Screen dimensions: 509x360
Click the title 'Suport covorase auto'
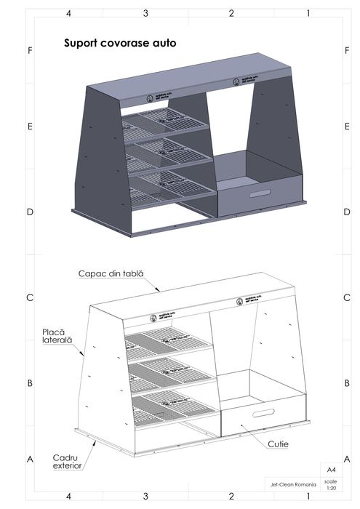click(120, 44)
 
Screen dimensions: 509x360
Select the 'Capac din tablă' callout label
click(111, 273)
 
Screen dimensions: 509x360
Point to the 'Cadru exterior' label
click(67, 461)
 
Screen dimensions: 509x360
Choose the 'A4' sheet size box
click(331, 470)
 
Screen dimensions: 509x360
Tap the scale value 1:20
click(331, 488)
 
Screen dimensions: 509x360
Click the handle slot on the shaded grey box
click(258, 194)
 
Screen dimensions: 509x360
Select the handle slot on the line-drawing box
click(257, 414)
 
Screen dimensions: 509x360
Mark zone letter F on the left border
click(30, 51)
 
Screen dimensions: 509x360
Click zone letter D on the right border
click(344, 212)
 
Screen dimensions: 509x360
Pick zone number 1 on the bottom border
click(308, 497)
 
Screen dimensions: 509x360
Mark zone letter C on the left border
click(30, 298)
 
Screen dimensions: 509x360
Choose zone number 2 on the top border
click(231, 14)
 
